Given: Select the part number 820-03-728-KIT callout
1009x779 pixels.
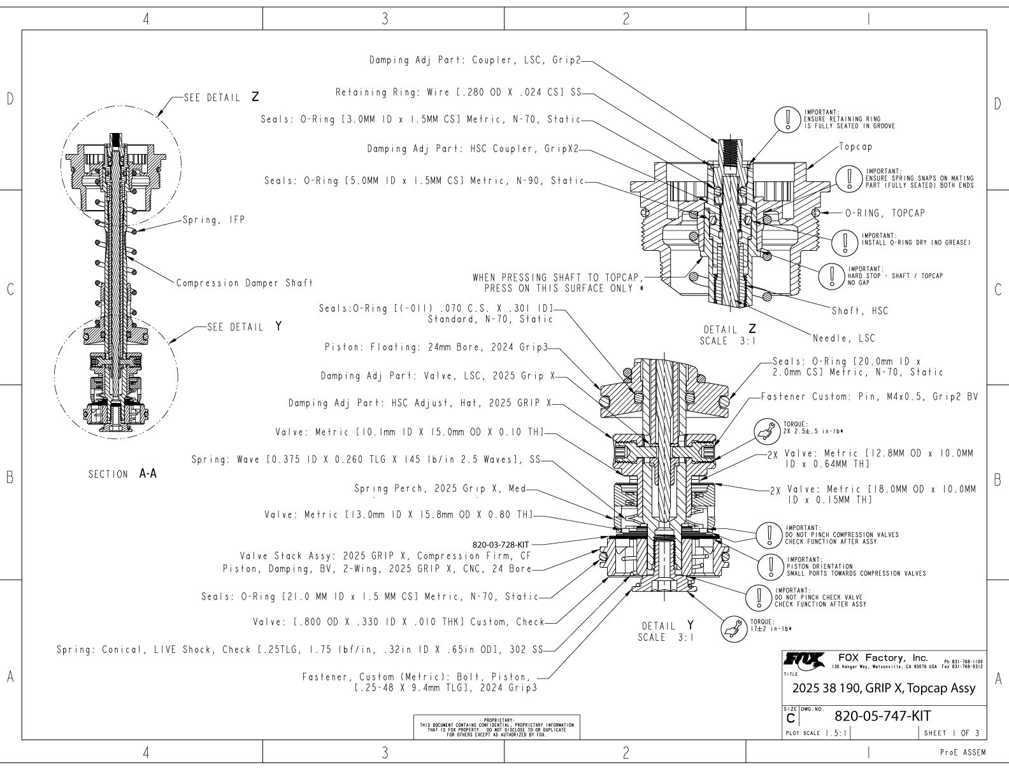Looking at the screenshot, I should coord(500,544).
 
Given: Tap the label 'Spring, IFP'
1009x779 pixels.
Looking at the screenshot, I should coord(214,220).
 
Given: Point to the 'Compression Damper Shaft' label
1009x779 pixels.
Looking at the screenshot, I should coord(244,283).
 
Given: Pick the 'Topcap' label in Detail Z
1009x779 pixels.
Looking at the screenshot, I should coord(855,146).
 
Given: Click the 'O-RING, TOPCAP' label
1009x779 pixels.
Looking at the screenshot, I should coord(885,213).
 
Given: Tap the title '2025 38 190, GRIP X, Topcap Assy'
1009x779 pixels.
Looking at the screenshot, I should coord(884,688).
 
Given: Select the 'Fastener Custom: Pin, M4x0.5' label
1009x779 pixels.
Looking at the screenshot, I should coord(868,397).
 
